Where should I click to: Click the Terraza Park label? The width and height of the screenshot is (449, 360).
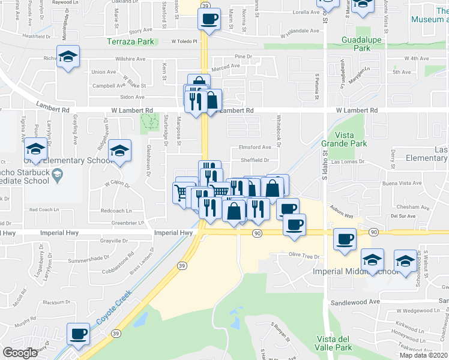point(130,41)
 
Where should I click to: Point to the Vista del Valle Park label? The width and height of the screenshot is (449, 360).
point(334,343)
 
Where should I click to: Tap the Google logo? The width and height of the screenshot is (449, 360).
point(20,353)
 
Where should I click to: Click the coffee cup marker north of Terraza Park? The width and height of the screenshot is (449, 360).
point(209,19)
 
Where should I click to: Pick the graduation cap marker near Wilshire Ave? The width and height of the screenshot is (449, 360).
point(68,57)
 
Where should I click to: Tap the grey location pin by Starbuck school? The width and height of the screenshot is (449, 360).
point(57,175)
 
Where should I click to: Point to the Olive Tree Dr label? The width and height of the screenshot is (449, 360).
point(304,256)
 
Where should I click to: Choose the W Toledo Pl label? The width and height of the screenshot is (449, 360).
point(184,41)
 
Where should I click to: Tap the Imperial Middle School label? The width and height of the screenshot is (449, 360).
point(355,272)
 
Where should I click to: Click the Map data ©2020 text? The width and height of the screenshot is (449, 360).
point(424,355)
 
